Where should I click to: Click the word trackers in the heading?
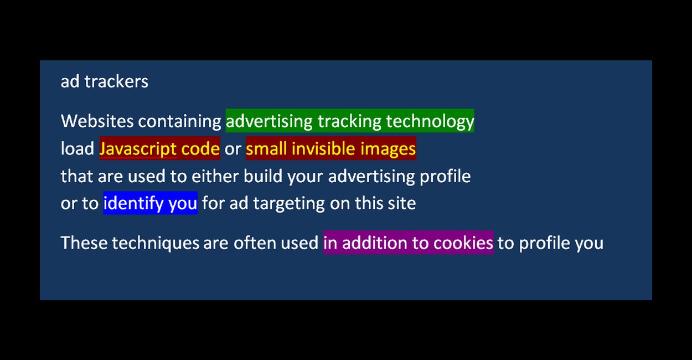click(116, 81)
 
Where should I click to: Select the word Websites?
click(97, 121)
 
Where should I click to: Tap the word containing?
click(179, 121)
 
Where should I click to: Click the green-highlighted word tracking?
click(349, 121)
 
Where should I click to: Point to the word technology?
click(430, 121)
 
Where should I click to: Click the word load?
click(78, 148)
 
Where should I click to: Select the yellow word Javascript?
click(138, 149)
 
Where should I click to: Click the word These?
click(84, 243)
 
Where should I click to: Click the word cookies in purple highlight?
click(463, 243)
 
